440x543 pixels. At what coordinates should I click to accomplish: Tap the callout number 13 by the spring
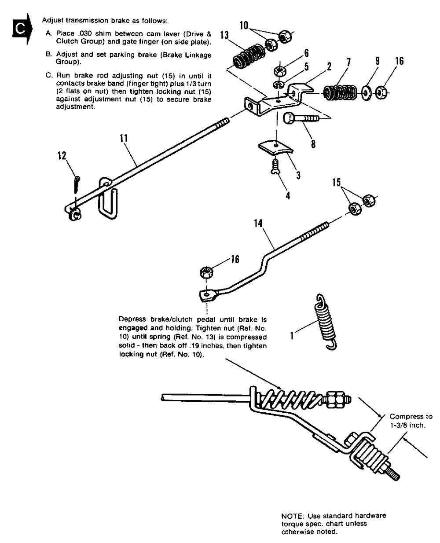click(x=224, y=35)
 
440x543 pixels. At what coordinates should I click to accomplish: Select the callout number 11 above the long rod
click(x=124, y=138)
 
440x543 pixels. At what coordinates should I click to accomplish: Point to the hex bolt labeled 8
click(x=302, y=118)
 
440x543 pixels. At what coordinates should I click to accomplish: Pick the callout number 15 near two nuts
click(x=337, y=182)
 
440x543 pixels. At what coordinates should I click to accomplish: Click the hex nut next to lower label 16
click(x=206, y=272)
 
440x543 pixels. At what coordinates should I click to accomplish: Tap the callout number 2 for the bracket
click(x=329, y=67)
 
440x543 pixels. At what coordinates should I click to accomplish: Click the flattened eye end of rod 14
click(x=207, y=295)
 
